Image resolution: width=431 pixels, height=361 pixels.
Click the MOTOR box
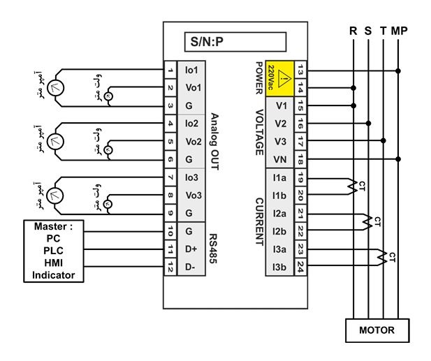coord(377,330)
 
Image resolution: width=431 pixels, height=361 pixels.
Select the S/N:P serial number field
coord(235,42)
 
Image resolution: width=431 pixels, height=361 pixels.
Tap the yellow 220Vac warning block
coord(280,79)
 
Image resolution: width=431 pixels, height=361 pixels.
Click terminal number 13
coord(300,70)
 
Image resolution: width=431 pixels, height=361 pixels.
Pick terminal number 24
coord(300,267)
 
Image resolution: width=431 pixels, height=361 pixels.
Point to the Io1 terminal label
coord(191,70)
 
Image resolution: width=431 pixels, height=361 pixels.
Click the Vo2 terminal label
coord(193,142)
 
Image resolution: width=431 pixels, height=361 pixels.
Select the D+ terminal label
coord(191,249)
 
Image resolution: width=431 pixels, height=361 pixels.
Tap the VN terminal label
coord(280,159)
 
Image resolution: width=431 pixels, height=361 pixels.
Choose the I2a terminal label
coord(279,213)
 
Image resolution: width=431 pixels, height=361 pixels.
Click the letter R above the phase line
coord(353,31)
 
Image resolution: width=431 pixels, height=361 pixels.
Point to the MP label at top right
coord(399,31)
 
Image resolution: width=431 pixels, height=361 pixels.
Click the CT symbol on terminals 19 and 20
coord(352,186)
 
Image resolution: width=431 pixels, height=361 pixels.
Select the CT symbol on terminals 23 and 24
coord(381,257)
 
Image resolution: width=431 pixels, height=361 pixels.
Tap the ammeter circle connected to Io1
coord(55,88)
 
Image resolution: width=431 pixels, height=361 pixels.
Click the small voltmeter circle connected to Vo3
coord(108,204)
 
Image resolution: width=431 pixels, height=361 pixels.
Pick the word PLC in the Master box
coord(53,251)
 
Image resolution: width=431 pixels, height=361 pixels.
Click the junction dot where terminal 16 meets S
coord(368,124)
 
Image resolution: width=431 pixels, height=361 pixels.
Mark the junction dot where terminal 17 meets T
coord(383,140)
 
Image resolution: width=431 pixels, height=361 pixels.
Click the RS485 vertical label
coord(213,249)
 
